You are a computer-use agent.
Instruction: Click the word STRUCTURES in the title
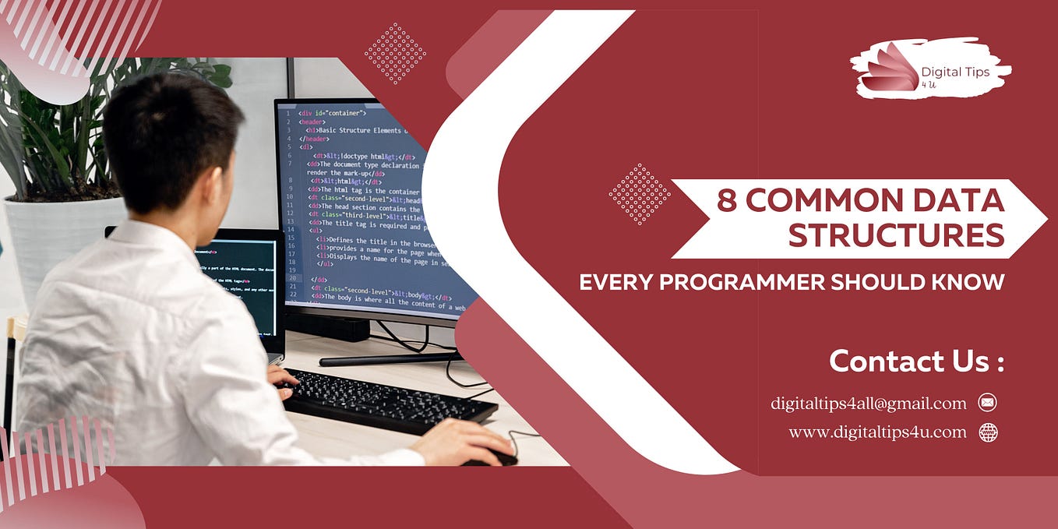click(896, 235)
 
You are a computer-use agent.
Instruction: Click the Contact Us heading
click(916, 361)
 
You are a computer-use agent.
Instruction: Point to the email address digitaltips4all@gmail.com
click(869, 404)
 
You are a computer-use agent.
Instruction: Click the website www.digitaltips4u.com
click(877, 432)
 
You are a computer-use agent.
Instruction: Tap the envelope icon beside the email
click(987, 403)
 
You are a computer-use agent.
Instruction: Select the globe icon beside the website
click(988, 432)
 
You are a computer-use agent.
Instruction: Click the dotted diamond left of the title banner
click(639, 194)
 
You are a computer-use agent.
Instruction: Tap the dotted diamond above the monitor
click(395, 53)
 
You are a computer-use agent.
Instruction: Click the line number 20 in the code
click(292, 278)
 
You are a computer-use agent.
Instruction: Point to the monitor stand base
click(390, 358)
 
